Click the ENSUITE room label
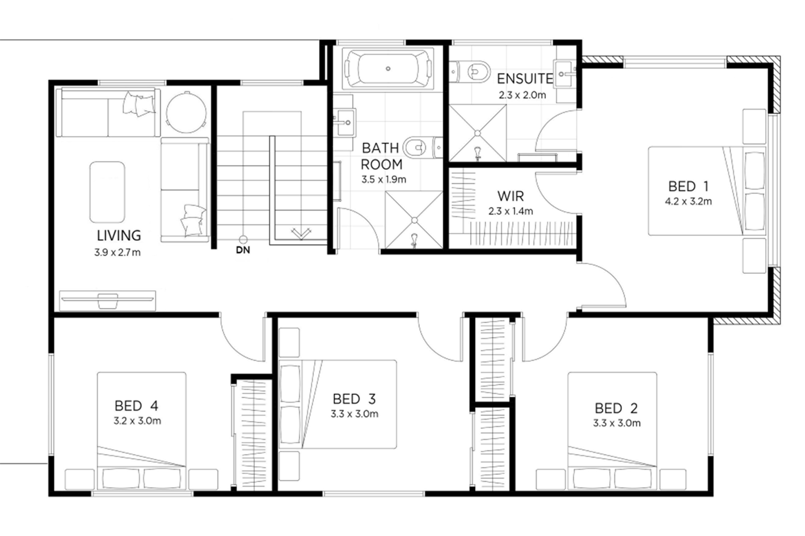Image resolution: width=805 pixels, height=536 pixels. [x=524, y=79]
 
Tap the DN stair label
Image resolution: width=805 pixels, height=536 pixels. [x=243, y=250]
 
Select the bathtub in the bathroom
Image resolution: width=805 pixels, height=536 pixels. [x=388, y=68]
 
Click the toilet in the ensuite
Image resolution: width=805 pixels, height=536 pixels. [x=470, y=72]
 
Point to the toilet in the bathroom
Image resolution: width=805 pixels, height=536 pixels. [x=423, y=147]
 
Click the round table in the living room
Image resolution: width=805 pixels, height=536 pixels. [x=186, y=112]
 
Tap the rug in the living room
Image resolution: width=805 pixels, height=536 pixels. [x=107, y=192]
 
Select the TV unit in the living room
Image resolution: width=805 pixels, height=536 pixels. [x=107, y=301]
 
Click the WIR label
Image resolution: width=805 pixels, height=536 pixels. [x=510, y=196]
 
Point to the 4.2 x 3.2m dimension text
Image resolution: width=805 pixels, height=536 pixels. [x=688, y=202]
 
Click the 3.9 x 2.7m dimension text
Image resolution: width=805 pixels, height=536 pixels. [x=118, y=252]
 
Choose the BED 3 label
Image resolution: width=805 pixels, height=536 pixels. [x=354, y=399]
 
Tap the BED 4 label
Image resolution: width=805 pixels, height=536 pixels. [x=136, y=406]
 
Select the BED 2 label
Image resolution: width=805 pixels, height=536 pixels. [x=616, y=408]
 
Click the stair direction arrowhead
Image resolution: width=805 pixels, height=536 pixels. [x=301, y=233]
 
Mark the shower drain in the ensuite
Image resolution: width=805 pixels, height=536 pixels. [x=477, y=133]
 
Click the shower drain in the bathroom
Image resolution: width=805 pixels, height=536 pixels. [x=414, y=220]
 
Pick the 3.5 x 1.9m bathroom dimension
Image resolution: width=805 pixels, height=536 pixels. [x=384, y=179]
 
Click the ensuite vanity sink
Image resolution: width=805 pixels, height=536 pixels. [x=565, y=74]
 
